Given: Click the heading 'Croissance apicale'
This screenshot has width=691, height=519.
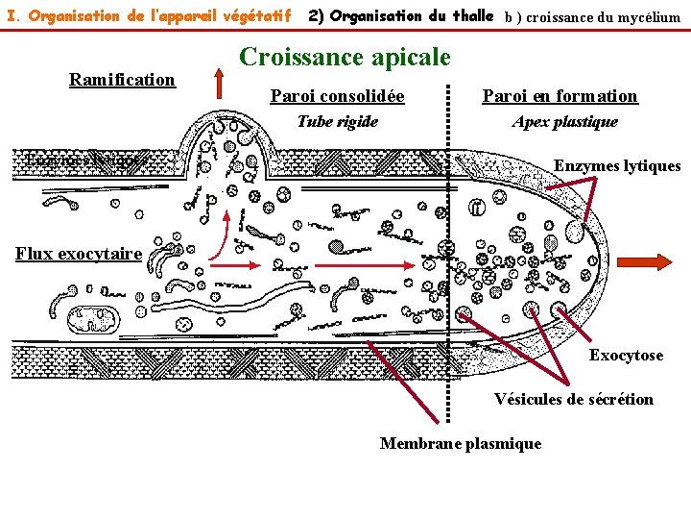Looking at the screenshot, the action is pyautogui.click(x=345, y=58).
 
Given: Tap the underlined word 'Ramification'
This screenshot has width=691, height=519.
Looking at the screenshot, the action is pyautogui.click(x=122, y=80).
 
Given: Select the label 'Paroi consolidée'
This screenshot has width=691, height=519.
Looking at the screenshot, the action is pyautogui.click(x=337, y=96).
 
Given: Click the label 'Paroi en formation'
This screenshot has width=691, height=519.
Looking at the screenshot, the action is pyautogui.click(x=560, y=96).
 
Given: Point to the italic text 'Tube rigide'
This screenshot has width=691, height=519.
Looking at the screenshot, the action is pyautogui.click(x=337, y=121).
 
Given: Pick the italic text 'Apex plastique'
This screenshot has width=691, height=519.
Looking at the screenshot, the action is pyautogui.click(x=564, y=121).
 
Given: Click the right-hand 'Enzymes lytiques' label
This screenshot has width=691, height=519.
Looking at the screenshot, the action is pyautogui.click(x=617, y=166).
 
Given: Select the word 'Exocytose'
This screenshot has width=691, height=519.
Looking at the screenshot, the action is pyautogui.click(x=626, y=356).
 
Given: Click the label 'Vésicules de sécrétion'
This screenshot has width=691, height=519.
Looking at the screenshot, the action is pyautogui.click(x=573, y=399).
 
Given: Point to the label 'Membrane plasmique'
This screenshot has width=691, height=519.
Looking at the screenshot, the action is pyautogui.click(x=461, y=443).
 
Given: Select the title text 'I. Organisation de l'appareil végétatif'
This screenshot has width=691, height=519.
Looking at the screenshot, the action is pyautogui.click(x=149, y=16).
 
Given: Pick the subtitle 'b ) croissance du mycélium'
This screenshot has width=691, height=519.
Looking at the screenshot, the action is pyautogui.click(x=592, y=17).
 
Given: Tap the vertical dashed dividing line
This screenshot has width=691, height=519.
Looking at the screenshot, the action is pyautogui.click(x=448, y=240).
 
